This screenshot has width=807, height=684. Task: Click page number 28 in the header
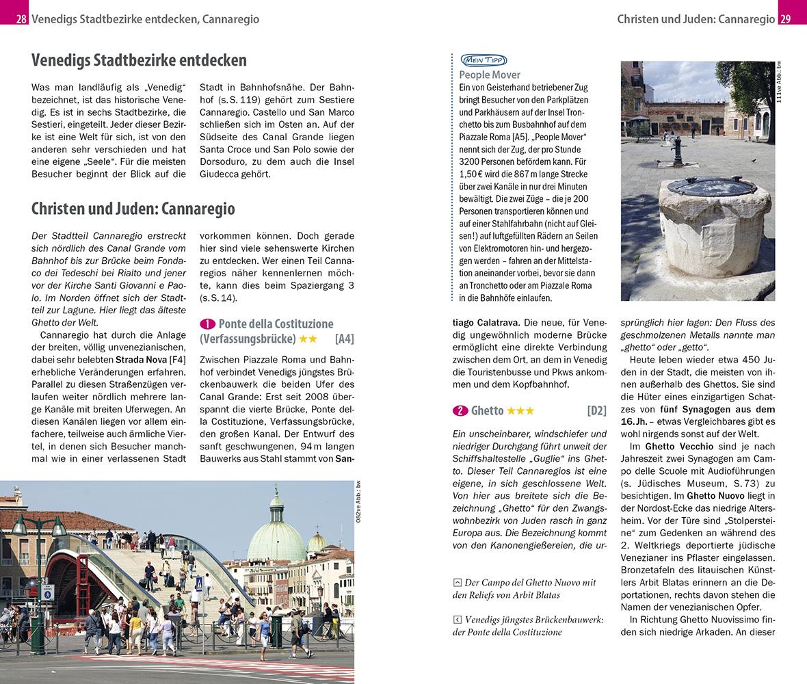[x=21, y=19]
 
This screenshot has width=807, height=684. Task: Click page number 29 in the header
[x=785, y=19]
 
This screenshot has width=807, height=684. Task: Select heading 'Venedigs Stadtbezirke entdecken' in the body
[x=139, y=60]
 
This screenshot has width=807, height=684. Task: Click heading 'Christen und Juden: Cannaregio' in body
[x=133, y=208]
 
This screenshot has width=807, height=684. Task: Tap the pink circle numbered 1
[x=208, y=324]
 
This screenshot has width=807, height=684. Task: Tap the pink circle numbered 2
[x=460, y=411]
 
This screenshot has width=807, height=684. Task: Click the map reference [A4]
[x=344, y=339]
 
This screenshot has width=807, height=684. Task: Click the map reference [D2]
[x=596, y=411]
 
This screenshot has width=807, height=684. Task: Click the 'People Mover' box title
[x=490, y=75]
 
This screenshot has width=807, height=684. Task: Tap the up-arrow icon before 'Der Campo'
[x=457, y=583]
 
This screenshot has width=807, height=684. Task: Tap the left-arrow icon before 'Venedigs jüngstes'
[x=457, y=619]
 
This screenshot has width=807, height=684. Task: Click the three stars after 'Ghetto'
[x=520, y=411]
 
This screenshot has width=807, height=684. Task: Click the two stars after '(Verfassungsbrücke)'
[x=308, y=339]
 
